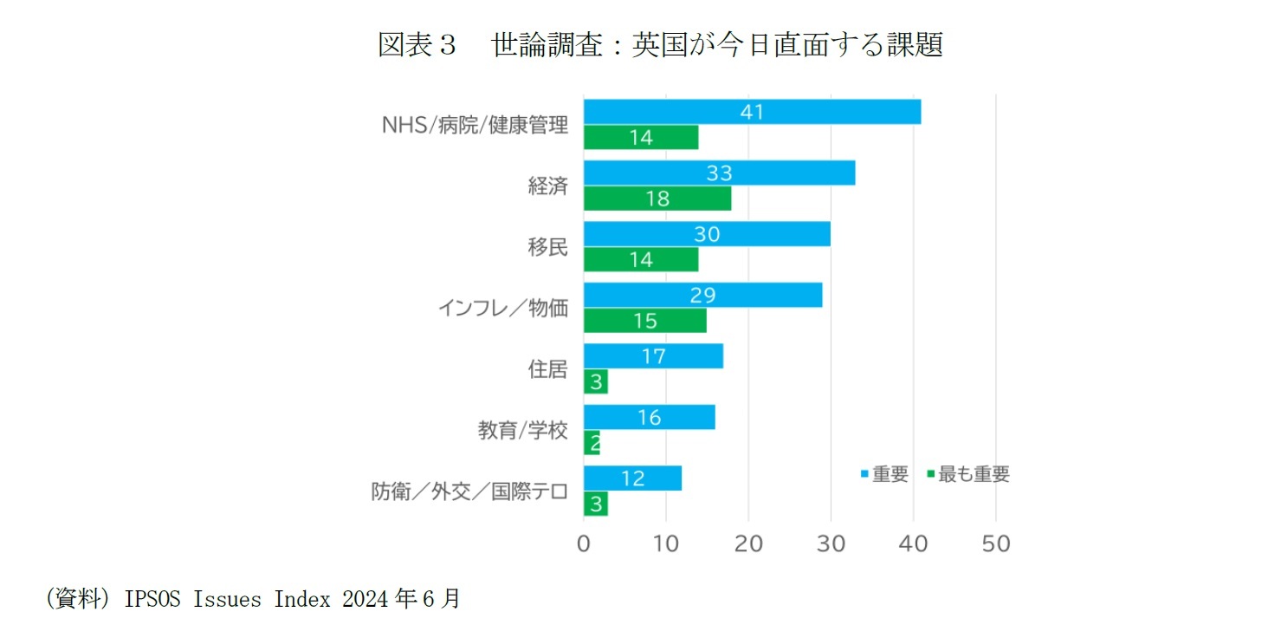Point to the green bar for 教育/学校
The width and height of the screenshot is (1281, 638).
click(x=592, y=443)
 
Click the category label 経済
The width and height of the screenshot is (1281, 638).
click(x=547, y=186)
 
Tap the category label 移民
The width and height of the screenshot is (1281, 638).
click(x=547, y=247)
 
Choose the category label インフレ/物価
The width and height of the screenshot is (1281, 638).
click(x=502, y=308)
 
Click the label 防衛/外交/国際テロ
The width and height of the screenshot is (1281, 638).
click(x=469, y=492)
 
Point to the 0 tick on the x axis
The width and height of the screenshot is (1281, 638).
click(x=584, y=544)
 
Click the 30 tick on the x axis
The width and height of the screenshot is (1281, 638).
click(x=831, y=544)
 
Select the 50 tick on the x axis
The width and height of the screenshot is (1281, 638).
click(x=996, y=544)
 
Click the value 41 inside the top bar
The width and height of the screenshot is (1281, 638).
click(x=752, y=112)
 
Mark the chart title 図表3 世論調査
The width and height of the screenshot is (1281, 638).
click(x=660, y=45)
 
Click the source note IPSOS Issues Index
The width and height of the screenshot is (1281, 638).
click(x=251, y=599)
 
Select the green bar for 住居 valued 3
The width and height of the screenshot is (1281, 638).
click(x=596, y=382)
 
